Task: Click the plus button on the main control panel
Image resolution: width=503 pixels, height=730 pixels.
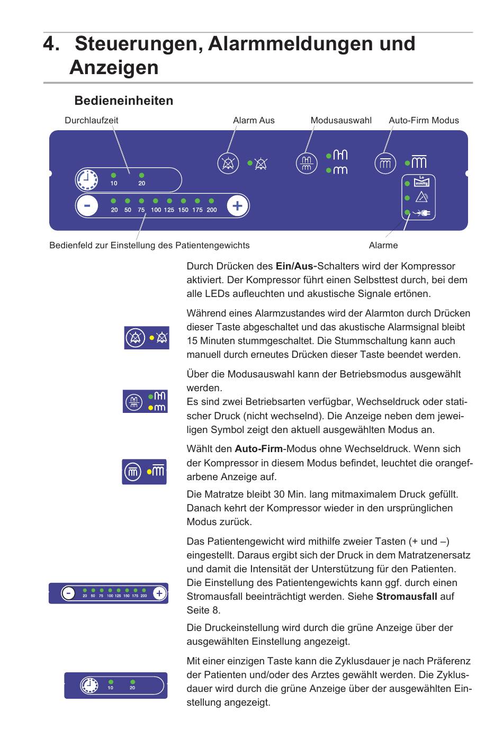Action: [x=237, y=206]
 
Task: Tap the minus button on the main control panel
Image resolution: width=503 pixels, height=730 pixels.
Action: [x=87, y=206]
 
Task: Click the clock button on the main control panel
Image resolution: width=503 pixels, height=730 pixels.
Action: [x=86, y=181]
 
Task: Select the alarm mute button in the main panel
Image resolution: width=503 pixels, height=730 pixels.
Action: [x=228, y=163]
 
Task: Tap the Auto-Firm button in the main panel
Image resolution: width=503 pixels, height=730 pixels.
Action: [x=385, y=163]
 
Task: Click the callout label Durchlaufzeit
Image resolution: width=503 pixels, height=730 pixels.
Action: [x=91, y=120]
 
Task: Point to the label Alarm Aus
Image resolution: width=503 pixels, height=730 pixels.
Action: [x=254, y=120]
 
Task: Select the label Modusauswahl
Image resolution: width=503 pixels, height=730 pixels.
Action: [x=341, y=120]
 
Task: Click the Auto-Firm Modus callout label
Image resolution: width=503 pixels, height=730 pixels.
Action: [x=424, y=120]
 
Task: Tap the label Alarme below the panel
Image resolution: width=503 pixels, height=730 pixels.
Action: [x=383, y=245]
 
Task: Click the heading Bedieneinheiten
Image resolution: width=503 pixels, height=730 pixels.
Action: [x=123, y=101]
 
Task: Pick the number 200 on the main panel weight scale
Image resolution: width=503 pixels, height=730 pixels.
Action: [x=211, y=210]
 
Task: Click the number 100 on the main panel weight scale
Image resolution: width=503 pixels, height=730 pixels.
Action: [x=156, y=210]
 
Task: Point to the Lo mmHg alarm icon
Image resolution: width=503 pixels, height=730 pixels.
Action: [x=421, y=182]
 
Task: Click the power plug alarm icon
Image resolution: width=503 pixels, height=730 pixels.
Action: [x=422, y=213]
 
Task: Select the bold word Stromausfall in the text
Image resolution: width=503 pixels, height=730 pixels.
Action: [x=407, y=597]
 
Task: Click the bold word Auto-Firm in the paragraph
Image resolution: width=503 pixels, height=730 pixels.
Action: [x=258, y=449]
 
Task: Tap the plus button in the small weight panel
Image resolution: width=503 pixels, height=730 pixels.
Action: [x=159, y=593]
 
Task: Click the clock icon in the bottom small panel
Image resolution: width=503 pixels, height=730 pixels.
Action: [x=89, y=686]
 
